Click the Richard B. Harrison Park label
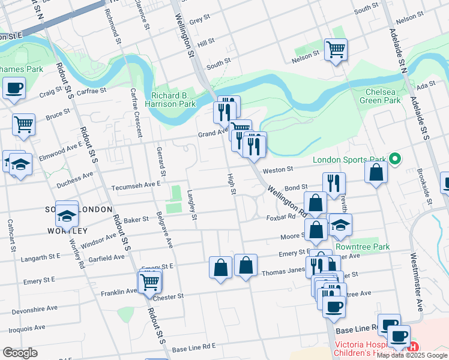tap(173, 100)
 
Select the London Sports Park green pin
tap(395, 160)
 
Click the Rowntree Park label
tap(363, 247)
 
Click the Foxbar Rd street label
tap(282, 217)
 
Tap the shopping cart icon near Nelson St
tap(336, 49)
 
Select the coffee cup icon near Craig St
tap(14, 89)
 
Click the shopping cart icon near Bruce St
tap(24, 124)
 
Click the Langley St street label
tap(191, 205)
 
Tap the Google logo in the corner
tap(20, 352)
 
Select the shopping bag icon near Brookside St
tap(376, 172)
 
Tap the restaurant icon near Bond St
tap(334, 183)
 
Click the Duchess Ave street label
tap(75, 175)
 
